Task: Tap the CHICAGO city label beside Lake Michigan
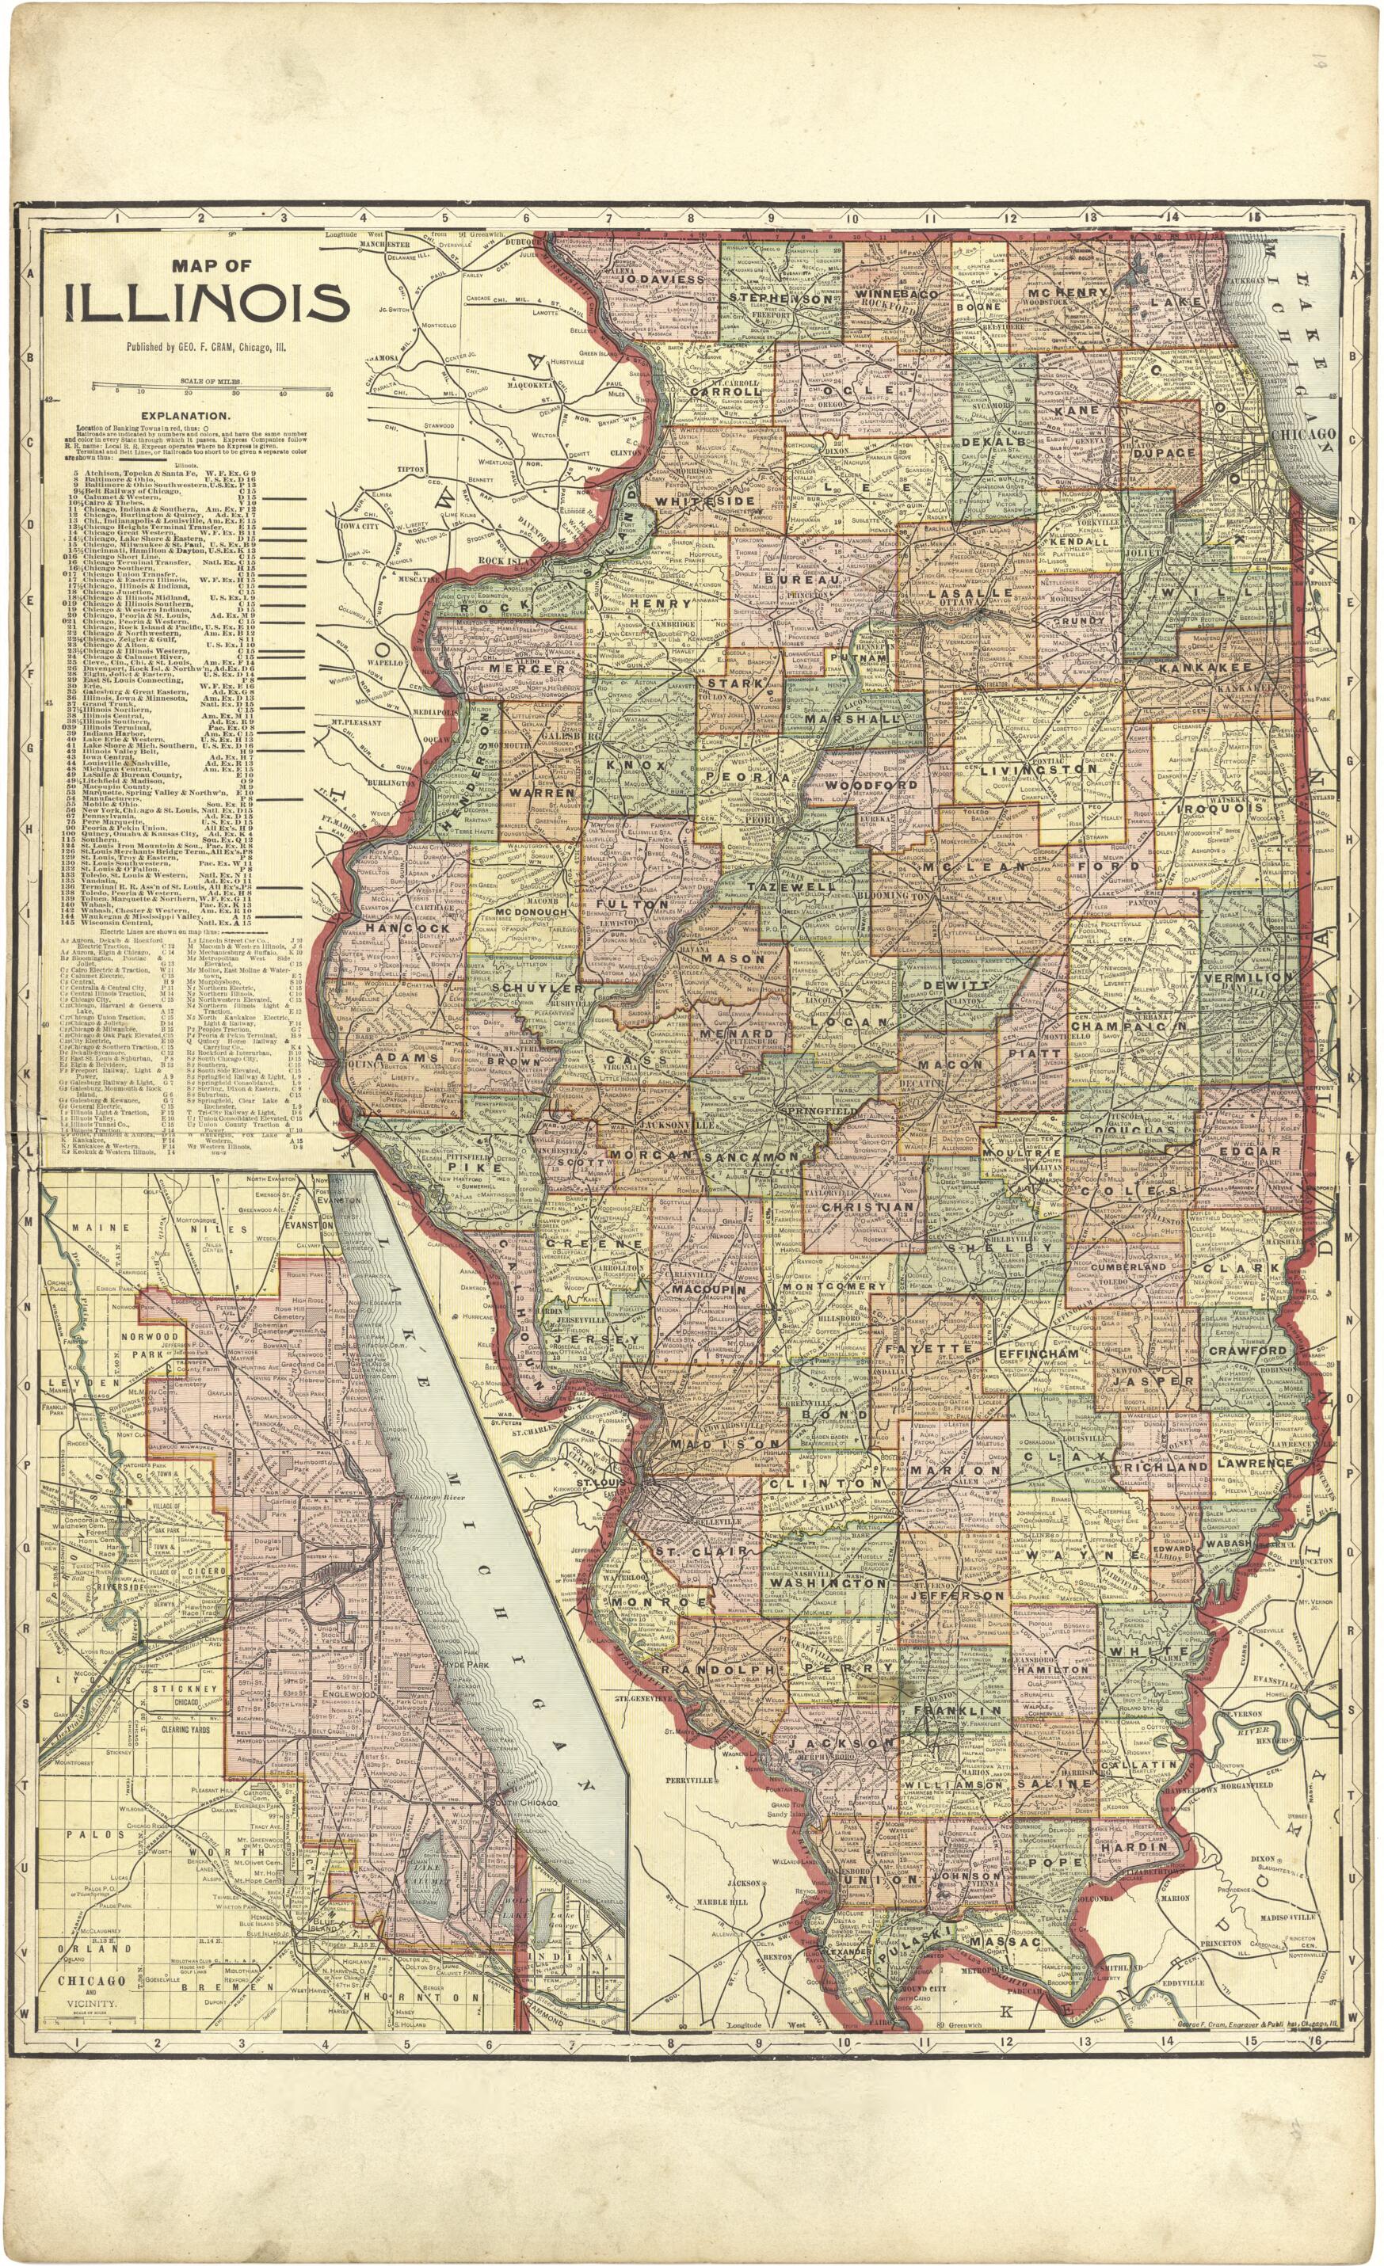(1303, 433)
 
